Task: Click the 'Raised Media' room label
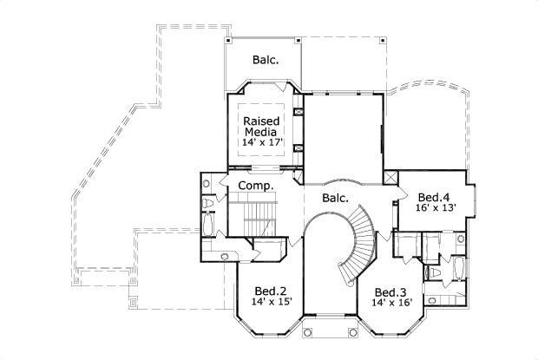[259, 126]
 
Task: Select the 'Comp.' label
[256, 186]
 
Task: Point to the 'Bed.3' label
[390, 291]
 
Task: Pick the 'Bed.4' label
[433, 196]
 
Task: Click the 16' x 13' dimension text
[433, 208]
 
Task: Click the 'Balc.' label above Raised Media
[266, 60]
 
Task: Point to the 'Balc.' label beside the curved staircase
[335, 198]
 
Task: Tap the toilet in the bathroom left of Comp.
[209, 203]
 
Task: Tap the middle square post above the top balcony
[298, 40]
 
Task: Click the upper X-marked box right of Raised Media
[299, 112]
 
